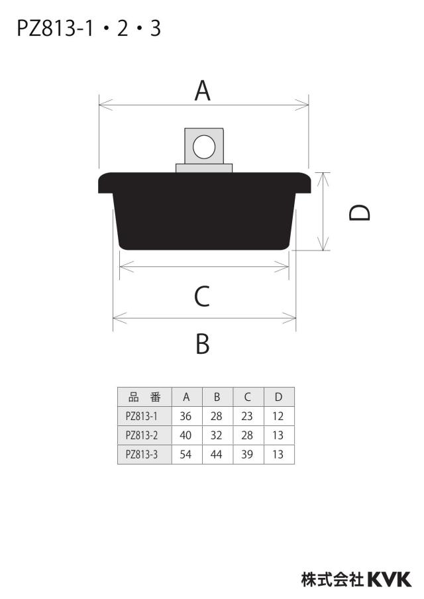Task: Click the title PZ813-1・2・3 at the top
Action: pos(89,28)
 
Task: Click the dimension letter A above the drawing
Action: pos(203,91)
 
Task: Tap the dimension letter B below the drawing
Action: pos(203,343)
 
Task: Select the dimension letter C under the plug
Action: pos(202,296)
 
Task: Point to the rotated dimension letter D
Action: pos(360,213)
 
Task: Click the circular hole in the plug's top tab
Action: pos(204,146)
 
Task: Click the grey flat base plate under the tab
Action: pos(204,168)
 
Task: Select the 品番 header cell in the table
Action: pos(144,397)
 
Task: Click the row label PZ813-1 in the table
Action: pos(141,416)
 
